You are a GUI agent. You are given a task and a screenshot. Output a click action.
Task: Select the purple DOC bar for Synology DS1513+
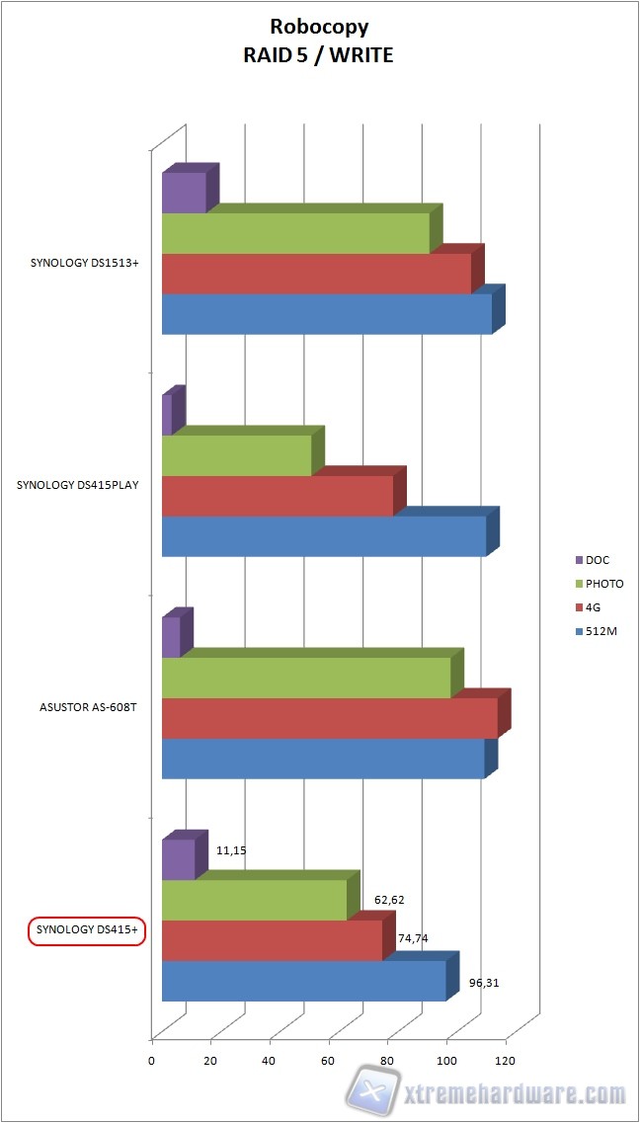[x=184, y=193]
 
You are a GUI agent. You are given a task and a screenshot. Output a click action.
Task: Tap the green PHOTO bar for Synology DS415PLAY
[x=237, y=455]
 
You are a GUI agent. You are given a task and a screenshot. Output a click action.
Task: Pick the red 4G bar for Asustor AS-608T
[x=329, y=718]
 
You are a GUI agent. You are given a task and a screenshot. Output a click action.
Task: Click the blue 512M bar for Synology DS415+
[x=304, y=981]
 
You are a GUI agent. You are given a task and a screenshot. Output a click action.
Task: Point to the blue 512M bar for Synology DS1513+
[x=327, y=314]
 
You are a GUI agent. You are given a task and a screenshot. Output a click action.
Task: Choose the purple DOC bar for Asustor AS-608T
[x=171, y=637]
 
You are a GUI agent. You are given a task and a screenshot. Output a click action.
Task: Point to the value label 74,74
[x=414, y=938]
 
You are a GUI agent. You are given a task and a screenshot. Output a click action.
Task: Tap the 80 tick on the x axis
[x=387, y=1060]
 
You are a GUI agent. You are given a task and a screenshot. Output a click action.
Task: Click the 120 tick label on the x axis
[x=505, y=1060]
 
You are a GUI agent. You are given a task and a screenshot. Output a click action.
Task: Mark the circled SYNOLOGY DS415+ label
[x=86, y=929]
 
